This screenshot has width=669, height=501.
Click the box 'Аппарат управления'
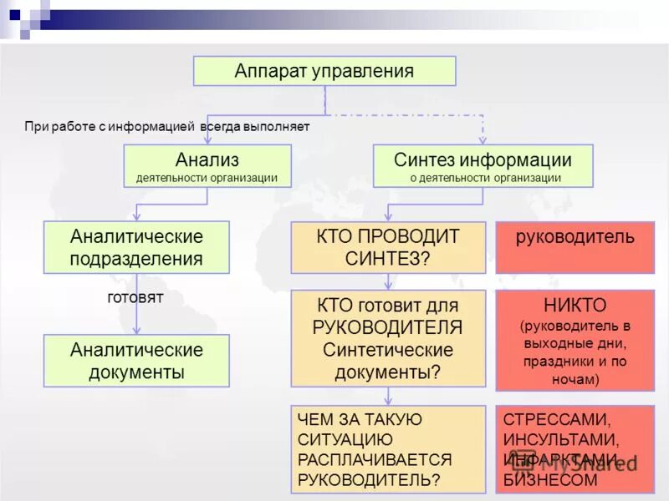click(x=324, y=71)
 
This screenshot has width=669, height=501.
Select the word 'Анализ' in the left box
click(x=207, y=159)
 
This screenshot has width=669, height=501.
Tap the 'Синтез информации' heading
click(x=483, y=159)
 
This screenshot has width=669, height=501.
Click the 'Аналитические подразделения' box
click(x=136, y=247)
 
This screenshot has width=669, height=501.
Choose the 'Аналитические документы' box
click(x=136, y=361)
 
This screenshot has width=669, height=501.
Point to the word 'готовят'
click(x=135, y=297)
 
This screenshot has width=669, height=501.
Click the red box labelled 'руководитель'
click(x=575, y=237)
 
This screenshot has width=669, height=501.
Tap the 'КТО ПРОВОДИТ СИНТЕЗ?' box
click(x=388, y=247)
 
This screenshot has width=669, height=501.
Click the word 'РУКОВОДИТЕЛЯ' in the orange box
click(x=388, y=327)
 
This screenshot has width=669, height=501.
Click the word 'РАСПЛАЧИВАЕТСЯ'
click(x=375, y=459)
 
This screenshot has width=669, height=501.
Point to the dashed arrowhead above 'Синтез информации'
click(x=483, y=139)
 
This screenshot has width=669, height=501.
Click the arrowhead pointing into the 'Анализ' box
click(x=207, y=139)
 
